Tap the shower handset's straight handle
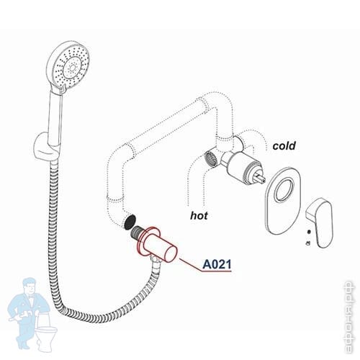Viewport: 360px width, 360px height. [x=55, y=117]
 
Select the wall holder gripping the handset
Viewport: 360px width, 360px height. [x=46, y=147]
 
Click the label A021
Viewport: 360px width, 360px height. [x=217, y=264]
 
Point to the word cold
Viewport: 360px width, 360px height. [x=284, y=145]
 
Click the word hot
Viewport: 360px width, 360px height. [x=199, y=215]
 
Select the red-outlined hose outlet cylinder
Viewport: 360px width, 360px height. [x=157, y=245]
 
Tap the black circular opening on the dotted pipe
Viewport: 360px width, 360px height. [x=130, y=221]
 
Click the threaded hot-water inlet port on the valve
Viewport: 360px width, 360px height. [x=212, y=158]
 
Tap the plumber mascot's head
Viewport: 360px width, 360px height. [x=30, y=287]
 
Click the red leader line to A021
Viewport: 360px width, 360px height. [x=191, y=265]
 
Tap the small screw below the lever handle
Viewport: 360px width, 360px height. [x=309, y=232]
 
